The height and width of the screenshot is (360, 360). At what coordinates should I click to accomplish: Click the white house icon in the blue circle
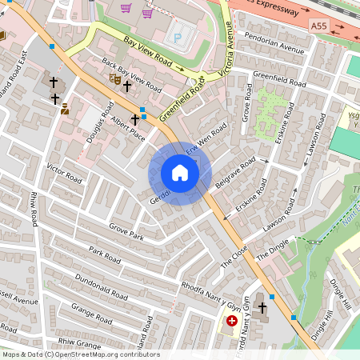tap(180, 173)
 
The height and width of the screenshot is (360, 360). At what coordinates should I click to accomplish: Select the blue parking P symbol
tap(177, 37)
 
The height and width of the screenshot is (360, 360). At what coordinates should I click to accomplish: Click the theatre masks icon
tap(115, 78)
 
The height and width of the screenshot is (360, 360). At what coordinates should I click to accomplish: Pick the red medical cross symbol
tap(232, 321)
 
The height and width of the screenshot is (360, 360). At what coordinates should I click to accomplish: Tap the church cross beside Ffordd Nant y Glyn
tap(261, 306)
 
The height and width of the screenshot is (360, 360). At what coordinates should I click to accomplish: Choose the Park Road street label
tap(105, 255)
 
